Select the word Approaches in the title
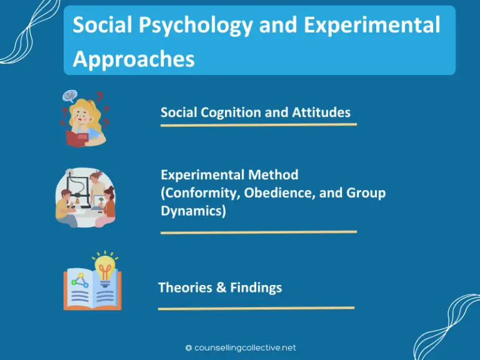click(x=134, y=59)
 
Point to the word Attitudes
click(x=320, y=112)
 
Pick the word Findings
click(x=256, y=287)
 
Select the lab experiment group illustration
click(x=85, y=197)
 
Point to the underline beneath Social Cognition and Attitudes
click(x=258, y=125)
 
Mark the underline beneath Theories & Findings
click(x=256, y=307)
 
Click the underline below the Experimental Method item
click(x=258, y=232)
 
